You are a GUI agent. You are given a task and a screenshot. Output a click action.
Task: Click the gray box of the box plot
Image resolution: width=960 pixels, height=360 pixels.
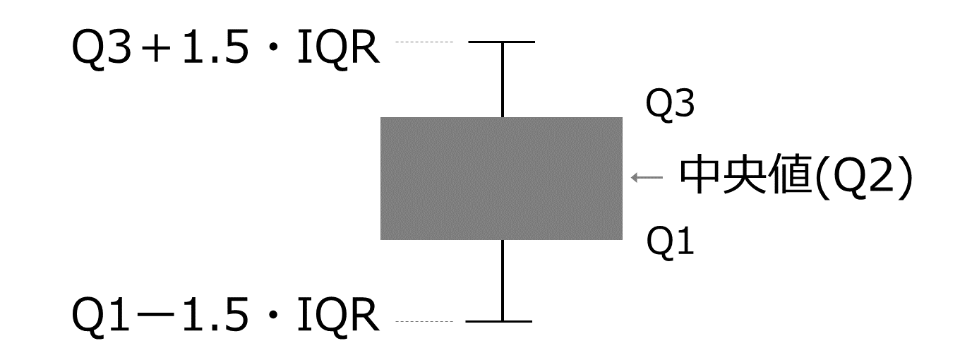[501, 178]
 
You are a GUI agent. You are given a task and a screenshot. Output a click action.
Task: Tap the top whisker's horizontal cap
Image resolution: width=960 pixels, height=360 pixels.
[502, 42]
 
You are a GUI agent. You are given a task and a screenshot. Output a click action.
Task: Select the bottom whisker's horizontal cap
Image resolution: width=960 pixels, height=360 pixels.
[499, 322]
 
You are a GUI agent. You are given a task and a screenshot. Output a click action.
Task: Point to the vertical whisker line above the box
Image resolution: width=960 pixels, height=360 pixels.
[502, 80]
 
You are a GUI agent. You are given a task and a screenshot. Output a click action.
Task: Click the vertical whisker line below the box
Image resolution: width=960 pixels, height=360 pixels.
[502, 280]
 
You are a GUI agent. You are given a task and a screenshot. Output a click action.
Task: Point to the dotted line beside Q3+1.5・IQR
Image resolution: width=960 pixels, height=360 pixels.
[424, 42]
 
